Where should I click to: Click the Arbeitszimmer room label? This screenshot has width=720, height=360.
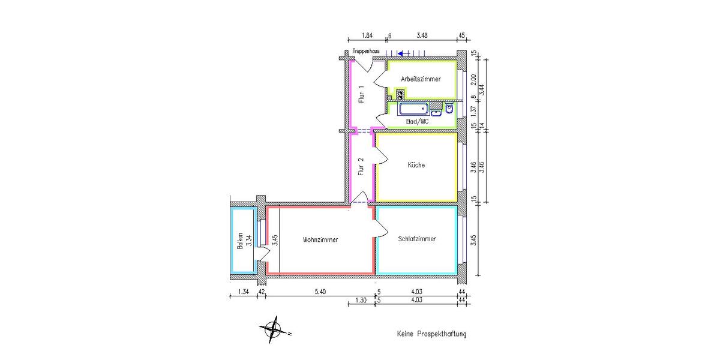(421, 79)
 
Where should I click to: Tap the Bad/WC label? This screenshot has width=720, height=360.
(418, 121)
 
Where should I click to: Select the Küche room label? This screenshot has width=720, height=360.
(416, 165)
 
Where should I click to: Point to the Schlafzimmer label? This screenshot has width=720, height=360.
(417, 239)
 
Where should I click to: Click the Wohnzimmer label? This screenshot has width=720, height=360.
(320, 239)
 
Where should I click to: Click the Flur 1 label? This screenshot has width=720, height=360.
(361, 94)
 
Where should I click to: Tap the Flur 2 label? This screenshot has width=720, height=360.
(361, 165)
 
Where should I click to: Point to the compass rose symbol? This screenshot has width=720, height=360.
(273, 329)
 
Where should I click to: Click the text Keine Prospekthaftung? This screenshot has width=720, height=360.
(431, 334)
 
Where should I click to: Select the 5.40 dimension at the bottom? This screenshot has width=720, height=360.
(320, 292)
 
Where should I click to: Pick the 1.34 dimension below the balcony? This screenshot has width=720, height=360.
(243, 292)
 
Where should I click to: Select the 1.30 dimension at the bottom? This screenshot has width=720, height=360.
(361, 300)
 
